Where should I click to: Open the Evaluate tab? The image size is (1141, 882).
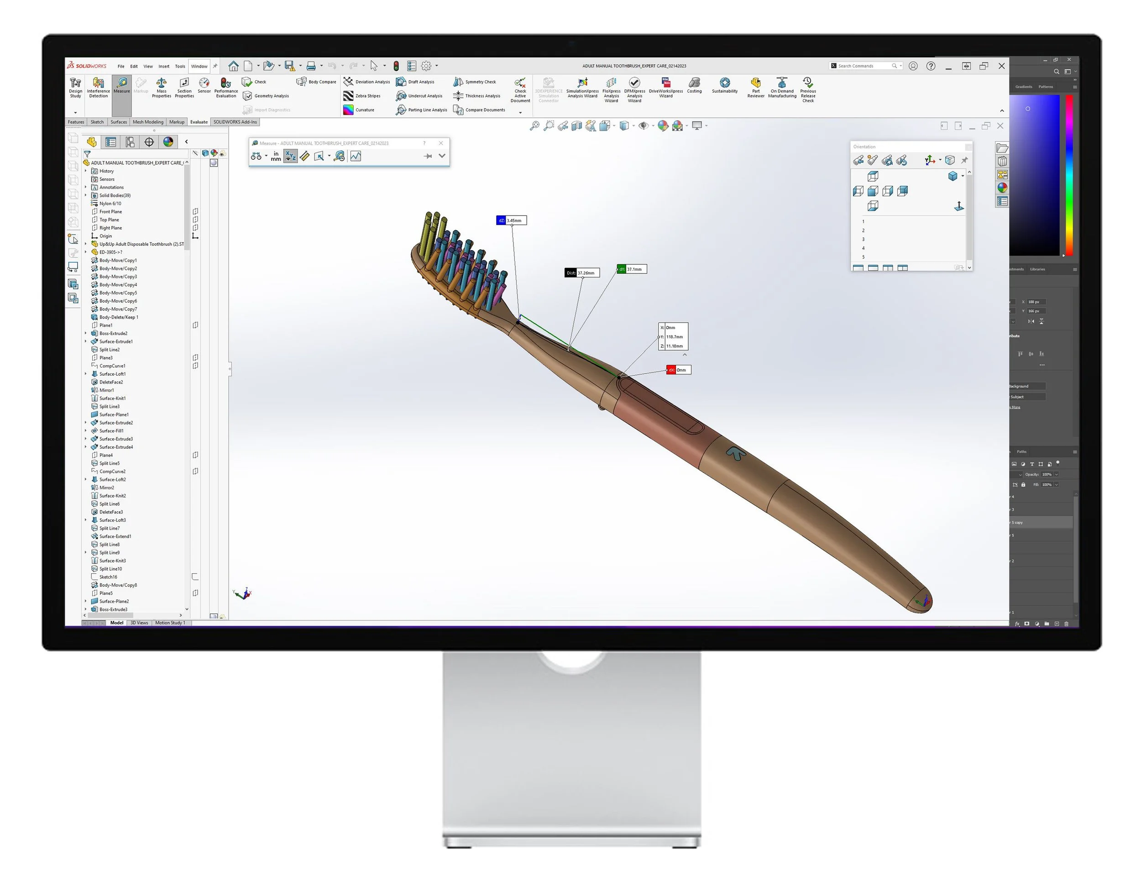coord(199,122)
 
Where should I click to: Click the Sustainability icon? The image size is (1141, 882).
coord(725,84)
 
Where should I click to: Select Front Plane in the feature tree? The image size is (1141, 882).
coord(110,212)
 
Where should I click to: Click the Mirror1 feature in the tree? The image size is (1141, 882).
coord(107,390)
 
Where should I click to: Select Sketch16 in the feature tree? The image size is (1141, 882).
coord(108,577)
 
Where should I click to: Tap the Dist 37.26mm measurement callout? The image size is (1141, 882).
coord(582,273)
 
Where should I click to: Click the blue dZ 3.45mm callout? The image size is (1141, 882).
coord(512,220)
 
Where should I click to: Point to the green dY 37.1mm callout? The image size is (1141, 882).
coord(632,269)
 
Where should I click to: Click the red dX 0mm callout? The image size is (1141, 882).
coord(679,370)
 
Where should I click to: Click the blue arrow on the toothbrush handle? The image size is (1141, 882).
coord(736,453)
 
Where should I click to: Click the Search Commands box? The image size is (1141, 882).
coord(862,66)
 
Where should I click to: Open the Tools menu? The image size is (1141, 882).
coord(180,66)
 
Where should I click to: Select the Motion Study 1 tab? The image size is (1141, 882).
coord(170,623)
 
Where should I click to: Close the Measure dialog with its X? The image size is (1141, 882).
coord(441,143)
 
